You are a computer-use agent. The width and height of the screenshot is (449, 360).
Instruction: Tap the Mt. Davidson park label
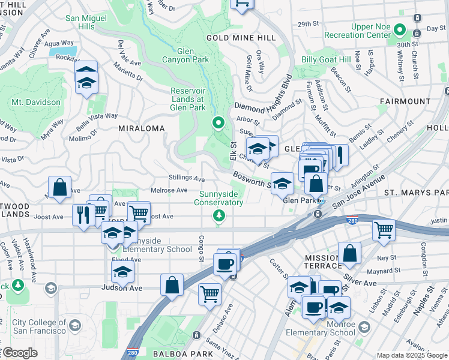pos(36,102)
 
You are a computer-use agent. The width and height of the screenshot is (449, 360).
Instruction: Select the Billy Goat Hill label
pos(326,59)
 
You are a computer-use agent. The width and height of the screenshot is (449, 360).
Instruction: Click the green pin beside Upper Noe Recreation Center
pos(415,31)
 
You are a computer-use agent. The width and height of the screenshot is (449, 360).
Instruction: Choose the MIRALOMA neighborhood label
pos(141,128)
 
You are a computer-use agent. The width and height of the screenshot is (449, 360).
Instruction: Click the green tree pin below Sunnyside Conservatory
pos(219,215)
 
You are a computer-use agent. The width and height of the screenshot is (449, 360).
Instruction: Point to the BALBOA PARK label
pos(175,354)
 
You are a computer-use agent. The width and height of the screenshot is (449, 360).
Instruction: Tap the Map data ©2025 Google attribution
pos(412,355)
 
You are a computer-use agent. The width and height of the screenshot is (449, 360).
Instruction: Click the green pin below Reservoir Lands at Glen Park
pos(219,124)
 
